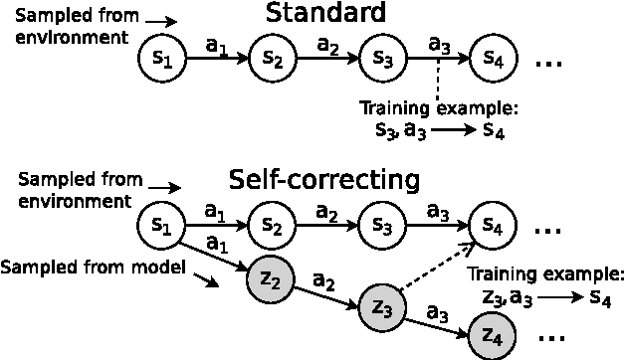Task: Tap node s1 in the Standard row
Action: (163, 59)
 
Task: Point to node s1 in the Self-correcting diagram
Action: (163, 225)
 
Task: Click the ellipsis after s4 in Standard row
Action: (550, 64)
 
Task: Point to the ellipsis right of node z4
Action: (550, 341)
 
